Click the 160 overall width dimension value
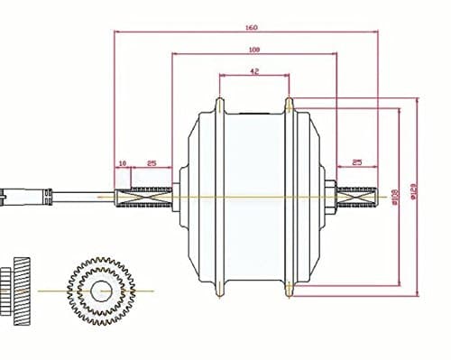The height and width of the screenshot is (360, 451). click(x=250, y=28)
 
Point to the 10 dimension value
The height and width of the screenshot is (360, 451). click(x=122, y=163)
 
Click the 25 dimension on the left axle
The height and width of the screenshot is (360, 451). click(x=152, y=163)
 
